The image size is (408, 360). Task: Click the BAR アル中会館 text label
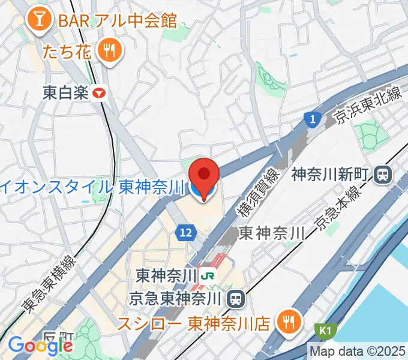[x=118, y=20]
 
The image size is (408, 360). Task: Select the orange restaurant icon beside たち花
[x=109, y=52]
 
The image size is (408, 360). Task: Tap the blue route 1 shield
[x=311, y=119]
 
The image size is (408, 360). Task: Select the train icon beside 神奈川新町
[x=381, y=175]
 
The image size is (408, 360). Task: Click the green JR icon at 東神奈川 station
[x=209, y=276]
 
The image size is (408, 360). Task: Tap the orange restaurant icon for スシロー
[x=289, y=322]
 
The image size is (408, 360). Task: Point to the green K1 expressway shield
[x=323, y=331]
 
